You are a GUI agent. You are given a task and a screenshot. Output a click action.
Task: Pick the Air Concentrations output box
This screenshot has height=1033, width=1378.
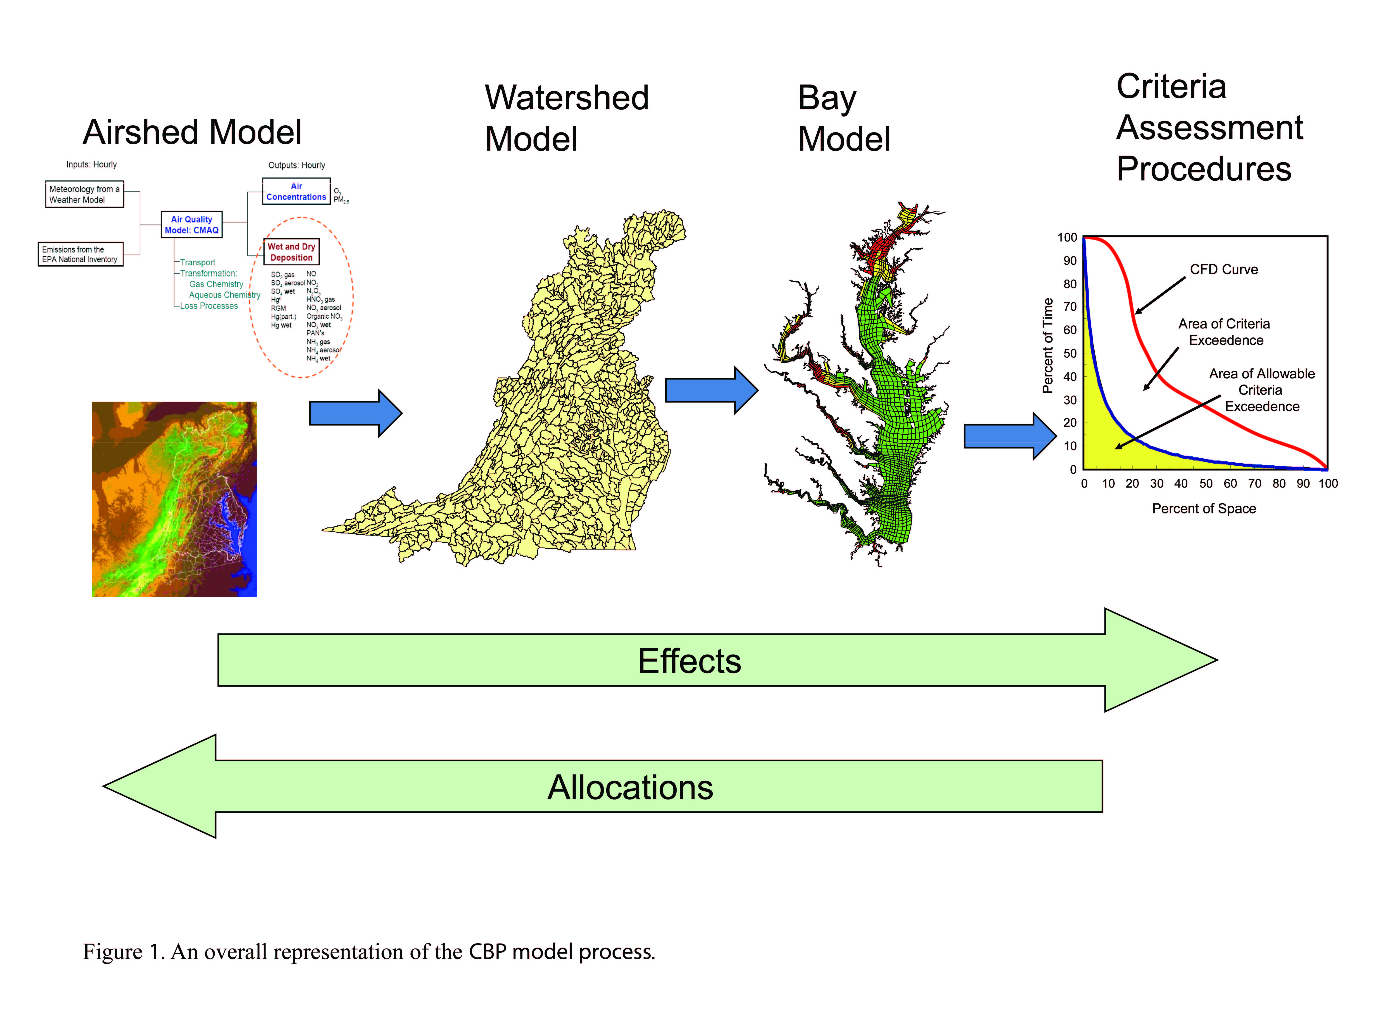(296, 191)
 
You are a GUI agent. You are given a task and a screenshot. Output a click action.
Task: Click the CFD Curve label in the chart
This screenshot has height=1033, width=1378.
(1223, 270)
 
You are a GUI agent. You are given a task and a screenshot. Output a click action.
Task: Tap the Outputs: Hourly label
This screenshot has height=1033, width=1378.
(296, 165)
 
